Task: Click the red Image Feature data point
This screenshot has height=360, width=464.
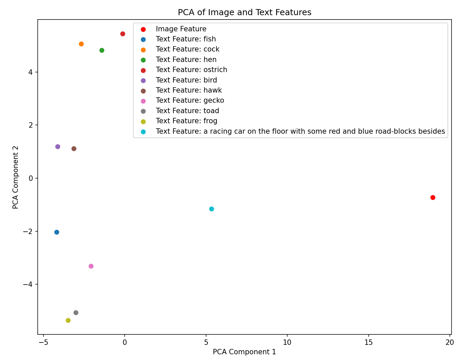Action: pos(433,197)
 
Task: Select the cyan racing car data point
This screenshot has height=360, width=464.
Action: pos(211,209)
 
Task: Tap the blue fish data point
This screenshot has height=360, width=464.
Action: pos(57,232)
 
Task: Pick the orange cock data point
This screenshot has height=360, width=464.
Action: pos(81,44)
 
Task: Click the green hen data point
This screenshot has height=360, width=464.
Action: pos(102,50)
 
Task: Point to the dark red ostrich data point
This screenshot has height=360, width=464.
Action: pos(123,34)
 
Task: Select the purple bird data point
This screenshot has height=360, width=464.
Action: pos(58,146)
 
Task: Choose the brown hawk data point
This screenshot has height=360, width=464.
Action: pos(74,149)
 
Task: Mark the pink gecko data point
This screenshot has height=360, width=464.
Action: pos(91,266)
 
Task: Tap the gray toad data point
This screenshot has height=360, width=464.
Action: pos(76,313)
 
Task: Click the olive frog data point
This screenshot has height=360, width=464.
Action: pos(68,320)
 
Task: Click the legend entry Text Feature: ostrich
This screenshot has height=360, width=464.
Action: pos(191,70)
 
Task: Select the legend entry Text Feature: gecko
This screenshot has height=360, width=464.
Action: pos(190,100)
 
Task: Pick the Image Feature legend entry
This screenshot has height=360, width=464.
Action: pos(181,29)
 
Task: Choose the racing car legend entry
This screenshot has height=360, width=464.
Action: pos(300,131)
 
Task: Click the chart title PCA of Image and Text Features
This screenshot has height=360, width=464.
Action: pos(244,12)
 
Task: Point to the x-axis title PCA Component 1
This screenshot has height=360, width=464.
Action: pos(244,352)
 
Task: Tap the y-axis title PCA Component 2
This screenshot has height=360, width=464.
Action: pos(15,177)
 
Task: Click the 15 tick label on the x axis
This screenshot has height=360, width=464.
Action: pos(369,342)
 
